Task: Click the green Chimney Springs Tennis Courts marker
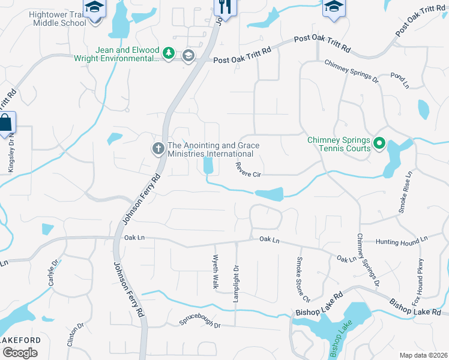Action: click(x=379, y=144)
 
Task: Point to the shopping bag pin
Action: click(x=5, y=123)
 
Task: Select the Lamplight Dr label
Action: click(x=237, y=284)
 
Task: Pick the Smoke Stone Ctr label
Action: click(x=302, y=279)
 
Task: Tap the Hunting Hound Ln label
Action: click(x=402, y=240)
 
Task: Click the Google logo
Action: click(x=20, y=353)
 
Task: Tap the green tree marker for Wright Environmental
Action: click(x=170, y=55)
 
